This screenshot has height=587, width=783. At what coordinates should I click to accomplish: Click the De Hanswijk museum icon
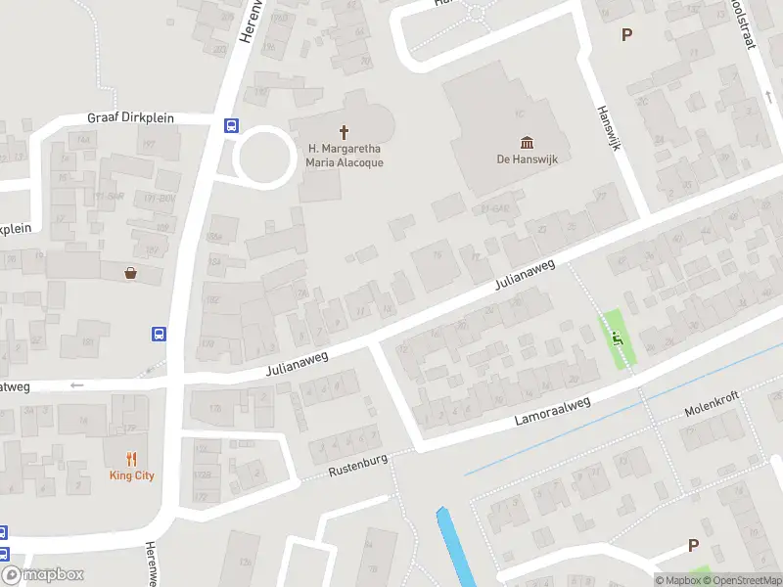[527, 142]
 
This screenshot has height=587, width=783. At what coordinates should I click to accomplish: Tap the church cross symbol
[345, 131]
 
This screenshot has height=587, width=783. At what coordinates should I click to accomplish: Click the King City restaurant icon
[131, 458]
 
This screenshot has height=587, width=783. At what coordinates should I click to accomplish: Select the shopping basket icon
[130, 273]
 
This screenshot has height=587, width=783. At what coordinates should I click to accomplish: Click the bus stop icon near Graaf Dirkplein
[232, 124]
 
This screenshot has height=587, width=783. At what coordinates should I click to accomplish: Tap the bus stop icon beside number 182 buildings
[159, 334]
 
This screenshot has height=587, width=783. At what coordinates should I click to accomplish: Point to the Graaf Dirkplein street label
[130, 117]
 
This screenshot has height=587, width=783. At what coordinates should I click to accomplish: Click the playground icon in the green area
[616, 339]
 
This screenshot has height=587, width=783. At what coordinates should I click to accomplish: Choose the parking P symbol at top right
[627, 34]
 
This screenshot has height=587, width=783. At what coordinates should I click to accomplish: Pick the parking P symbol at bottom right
[693, 545]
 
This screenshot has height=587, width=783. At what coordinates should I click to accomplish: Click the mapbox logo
[42, 575]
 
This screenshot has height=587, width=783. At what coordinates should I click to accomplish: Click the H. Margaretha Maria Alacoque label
[345, 156]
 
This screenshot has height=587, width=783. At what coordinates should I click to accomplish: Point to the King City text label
[131, 475]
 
